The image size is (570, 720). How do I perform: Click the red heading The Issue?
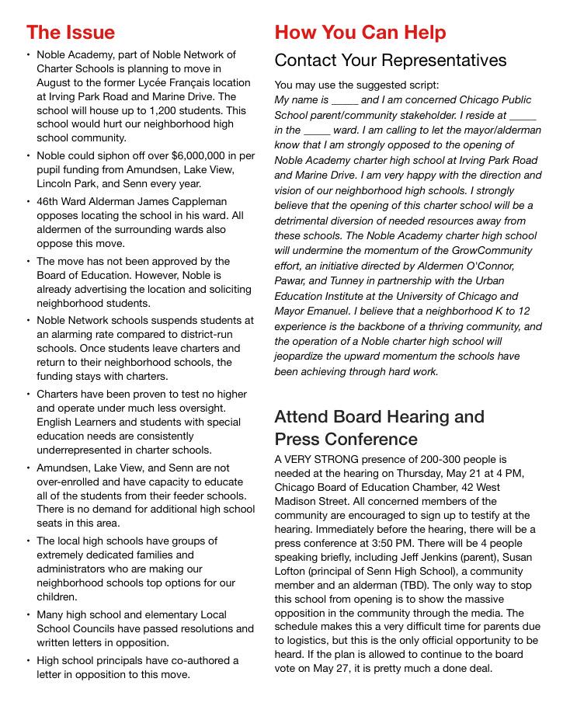pyautogui.click(x=70, y=33)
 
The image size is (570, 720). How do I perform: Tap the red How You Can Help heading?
pyautogui.click(x=360, y=33)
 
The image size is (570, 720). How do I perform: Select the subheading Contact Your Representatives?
pyautogui.click(x=390, y=61)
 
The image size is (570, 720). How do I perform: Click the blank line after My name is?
pyautogui.click(x=344, y=101)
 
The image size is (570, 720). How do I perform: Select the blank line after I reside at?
pyautogui.click(x=523, y=116)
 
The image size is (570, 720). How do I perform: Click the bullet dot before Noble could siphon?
pyautogui.click(x=29, y=155)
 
